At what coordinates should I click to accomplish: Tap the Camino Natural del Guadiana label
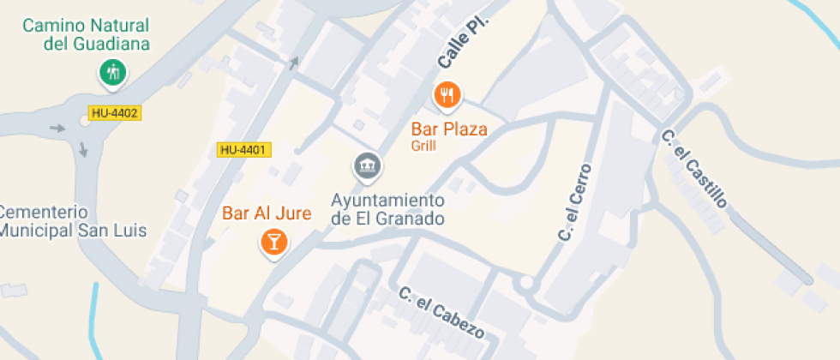point(85,34)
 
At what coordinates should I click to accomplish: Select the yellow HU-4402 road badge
point(113,112)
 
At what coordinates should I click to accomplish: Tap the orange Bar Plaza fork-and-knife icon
point(447,94)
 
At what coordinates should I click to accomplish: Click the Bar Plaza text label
point(449,129)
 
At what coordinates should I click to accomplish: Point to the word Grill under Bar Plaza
point(423,146)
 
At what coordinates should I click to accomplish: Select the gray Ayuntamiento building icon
point(368,165)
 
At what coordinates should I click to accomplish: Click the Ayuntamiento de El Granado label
point(388,209)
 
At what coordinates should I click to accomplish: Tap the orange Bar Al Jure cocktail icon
point(273,243)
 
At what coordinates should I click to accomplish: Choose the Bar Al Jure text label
point(266,213)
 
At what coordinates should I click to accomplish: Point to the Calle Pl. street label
point(462,44)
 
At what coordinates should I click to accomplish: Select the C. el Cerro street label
point(575,202)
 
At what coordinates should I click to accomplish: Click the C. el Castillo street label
point(694,168)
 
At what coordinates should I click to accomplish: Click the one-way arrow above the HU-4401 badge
point(295,62)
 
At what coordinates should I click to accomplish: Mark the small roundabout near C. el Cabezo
point(525,283)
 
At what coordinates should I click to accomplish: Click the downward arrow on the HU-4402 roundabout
point(83,149)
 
